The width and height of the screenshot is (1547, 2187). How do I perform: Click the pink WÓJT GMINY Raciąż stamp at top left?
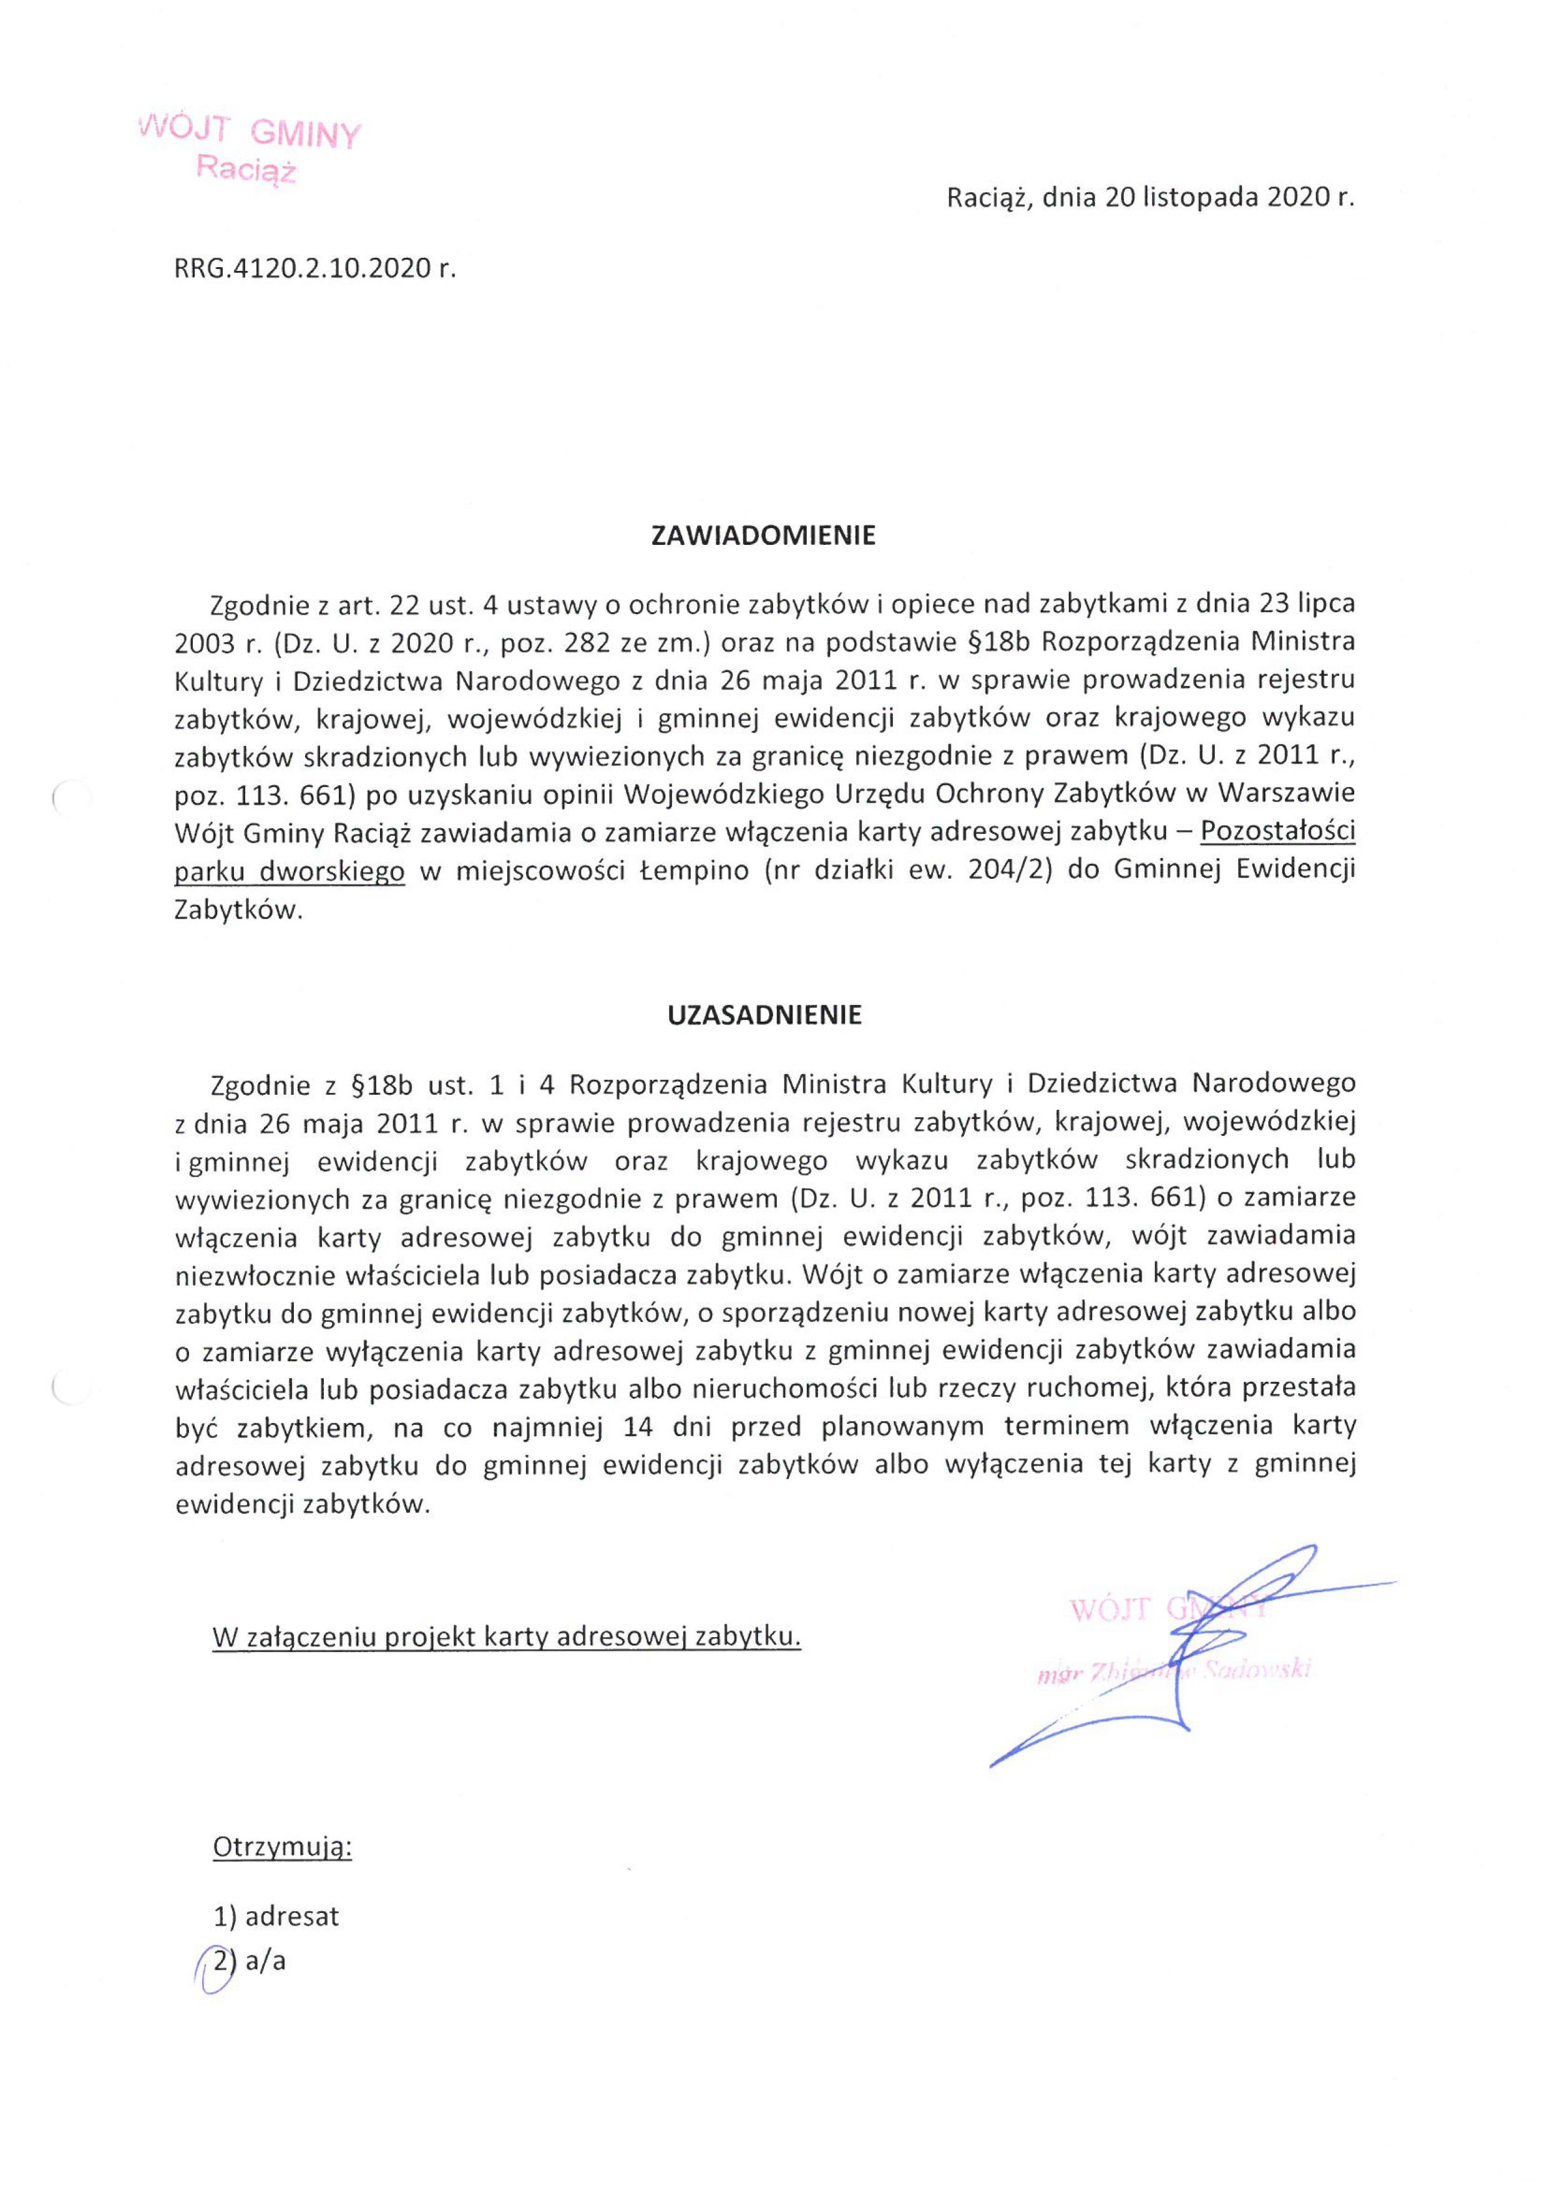click(250, 150)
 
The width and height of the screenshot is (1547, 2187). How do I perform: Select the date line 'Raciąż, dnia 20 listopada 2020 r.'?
click(1149, 197)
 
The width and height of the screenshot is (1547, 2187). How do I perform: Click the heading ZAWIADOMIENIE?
click(763, 536)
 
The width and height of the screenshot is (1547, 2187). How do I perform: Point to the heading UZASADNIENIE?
click(764, 1015)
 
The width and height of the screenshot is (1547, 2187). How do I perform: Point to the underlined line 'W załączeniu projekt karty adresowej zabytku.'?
click(506, 1637)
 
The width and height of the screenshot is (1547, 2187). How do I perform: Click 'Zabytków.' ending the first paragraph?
click(238, 909)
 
